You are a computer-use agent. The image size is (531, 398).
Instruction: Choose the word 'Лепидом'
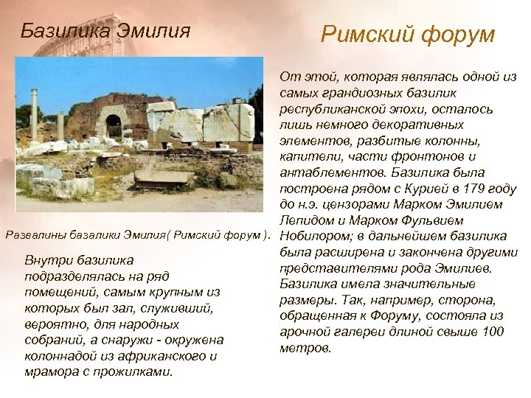307,220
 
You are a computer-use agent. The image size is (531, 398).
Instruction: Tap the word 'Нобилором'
313,236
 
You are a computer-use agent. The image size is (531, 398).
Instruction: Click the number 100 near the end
492,332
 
